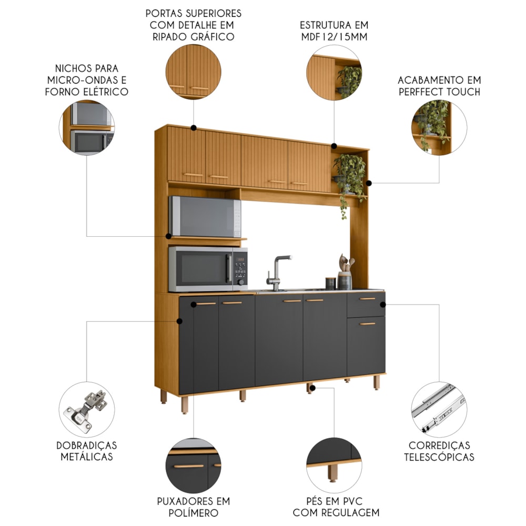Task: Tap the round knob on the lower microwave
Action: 241,282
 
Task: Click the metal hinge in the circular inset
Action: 86,410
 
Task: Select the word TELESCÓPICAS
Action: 439,457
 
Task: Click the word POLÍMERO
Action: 193,513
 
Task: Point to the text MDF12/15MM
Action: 334,37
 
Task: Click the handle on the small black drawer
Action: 367,299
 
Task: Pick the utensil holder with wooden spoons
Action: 345,274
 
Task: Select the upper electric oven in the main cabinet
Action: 205,217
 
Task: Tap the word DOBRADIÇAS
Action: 87,446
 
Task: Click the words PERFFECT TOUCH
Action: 439,92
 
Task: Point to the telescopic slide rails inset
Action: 439,409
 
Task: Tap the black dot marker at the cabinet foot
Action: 312,388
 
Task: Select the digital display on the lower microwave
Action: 240,259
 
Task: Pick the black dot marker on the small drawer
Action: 383,304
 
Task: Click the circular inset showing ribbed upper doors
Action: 193,72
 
